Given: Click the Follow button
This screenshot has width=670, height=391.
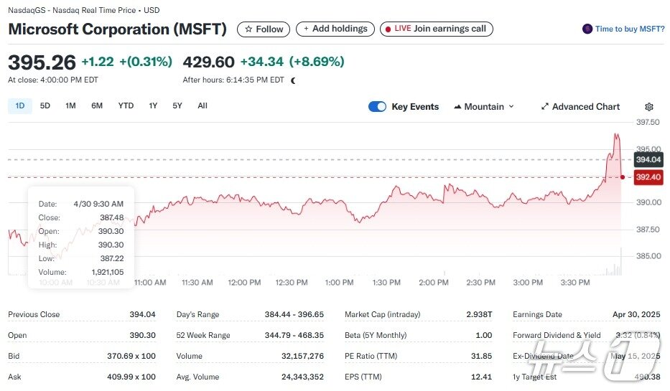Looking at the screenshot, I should point(264,29).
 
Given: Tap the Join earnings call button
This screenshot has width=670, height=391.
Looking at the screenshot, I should point(437,29).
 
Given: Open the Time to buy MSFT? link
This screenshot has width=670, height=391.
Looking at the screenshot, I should point(623,29).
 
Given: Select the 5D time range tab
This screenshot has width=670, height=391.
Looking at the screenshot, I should point(45,106).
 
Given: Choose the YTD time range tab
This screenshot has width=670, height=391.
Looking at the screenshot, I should point(126,106).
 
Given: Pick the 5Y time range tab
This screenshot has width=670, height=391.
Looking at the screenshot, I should point(177,106).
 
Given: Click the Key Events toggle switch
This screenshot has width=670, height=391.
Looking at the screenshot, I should point(377,107).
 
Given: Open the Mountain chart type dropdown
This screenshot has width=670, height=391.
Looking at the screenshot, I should point(484,107).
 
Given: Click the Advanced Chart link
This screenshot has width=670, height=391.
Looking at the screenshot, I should point(580,107).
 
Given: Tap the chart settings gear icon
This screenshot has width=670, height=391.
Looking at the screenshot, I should point(649,107).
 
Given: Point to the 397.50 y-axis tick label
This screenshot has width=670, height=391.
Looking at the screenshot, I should point(649,122).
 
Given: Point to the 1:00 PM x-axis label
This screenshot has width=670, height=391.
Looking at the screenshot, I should point(339,283).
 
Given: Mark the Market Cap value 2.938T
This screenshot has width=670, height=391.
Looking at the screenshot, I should point(478,314).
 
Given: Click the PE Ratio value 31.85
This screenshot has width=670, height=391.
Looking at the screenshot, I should point(483,356).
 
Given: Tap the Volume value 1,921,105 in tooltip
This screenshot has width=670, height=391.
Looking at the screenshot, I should point(107,273).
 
